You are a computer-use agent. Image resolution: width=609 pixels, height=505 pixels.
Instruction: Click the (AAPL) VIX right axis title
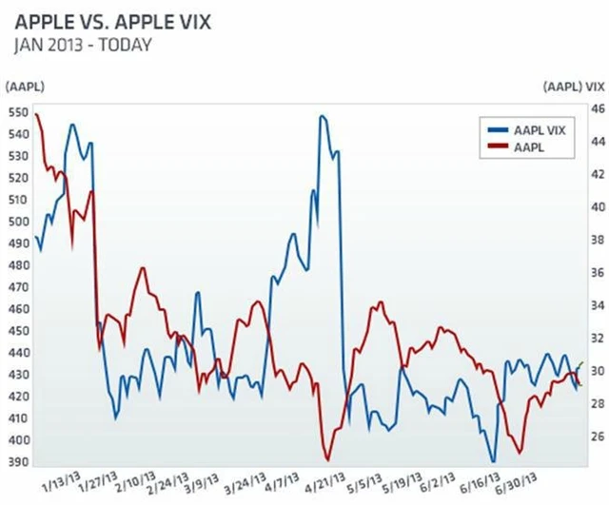[574, 87]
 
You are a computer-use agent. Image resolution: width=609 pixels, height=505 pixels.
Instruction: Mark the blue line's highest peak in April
[323, 116]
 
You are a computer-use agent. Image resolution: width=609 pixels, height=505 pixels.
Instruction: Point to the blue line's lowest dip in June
[493, 460]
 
